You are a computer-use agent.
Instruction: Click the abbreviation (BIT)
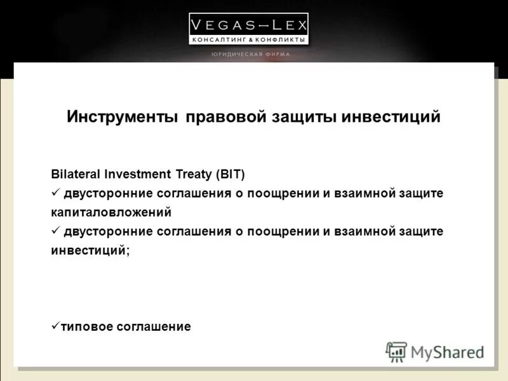pyautogui.click(x=231, y=174)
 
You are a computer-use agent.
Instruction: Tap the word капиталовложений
pyautogui.click(x=111, y=212)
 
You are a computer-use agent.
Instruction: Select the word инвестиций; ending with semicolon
pyautogui.click(x=90, y=250)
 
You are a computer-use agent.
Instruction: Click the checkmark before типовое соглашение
pyautogui.click(x=55, y=326)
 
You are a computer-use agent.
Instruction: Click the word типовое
pyautogui.click(x=87, y=327)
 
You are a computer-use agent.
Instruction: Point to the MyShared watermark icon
pyautogui.click(x=396, y=351)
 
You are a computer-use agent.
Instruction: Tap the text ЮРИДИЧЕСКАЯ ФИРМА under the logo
pyautogui.click(x=250, y=55)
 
